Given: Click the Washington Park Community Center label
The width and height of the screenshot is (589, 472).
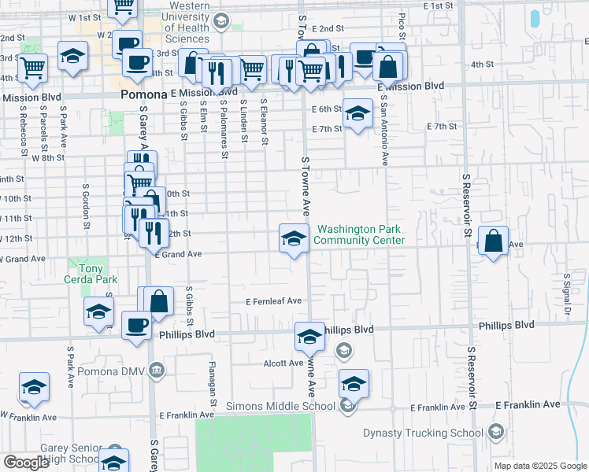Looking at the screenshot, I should [361, 235].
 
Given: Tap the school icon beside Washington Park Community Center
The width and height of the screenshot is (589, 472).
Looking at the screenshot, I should [294, 238].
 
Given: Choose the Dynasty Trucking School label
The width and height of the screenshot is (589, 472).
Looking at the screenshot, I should [423, 433].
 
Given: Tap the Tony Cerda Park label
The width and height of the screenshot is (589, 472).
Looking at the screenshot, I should [91, 274].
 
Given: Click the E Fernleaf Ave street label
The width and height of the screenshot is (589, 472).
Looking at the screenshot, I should [274, 301].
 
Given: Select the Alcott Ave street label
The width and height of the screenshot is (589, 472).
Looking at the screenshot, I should [284, 363].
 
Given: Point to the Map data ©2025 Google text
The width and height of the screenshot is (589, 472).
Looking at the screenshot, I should [540, 466].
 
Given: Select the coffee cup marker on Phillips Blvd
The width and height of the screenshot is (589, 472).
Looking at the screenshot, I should [137, 326].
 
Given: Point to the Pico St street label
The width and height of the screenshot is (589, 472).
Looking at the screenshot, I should [402, 25].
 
